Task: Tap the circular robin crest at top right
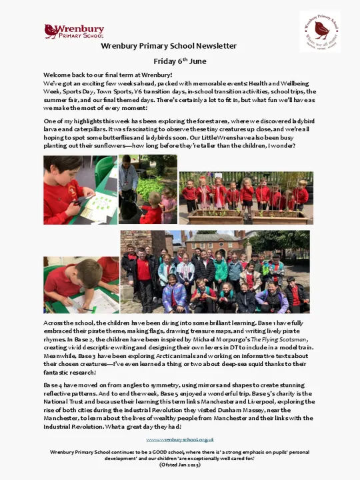coord(319,31)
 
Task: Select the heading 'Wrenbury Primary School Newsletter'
coord(169,46)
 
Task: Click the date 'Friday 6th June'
coord(169,61)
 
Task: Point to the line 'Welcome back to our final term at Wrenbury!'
coord(108,75)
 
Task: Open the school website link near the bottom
coord(180,439)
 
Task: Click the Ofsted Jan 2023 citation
coord(179,465)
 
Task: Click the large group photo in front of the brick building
coord(215,272)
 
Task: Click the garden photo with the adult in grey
coord(147,189)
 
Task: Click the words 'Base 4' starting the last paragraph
coord(54,386)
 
